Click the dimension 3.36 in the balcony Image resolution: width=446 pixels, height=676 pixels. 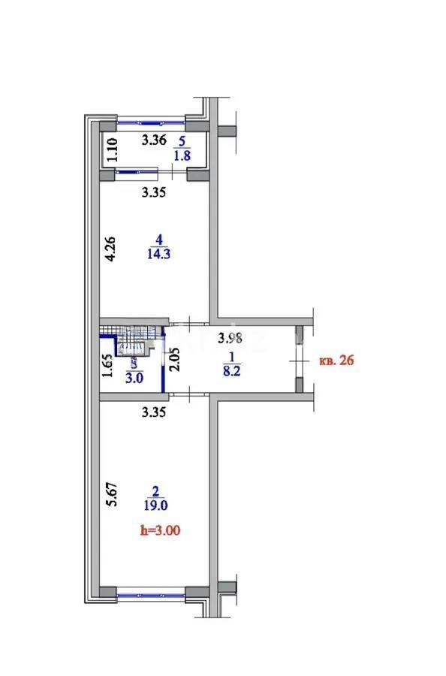coord(154,138)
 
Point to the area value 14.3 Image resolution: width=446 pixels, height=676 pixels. coord(158,254)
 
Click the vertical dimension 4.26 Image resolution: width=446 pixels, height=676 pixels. coord(110,249)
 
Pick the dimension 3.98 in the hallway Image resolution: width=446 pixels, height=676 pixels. coord(231,339)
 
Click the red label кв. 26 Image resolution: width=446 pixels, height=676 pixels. coord(336,361)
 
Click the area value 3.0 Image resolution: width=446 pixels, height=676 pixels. coord(134,379)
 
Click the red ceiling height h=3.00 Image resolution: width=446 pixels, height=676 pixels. coord(161,530)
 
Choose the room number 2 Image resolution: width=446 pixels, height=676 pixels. coord(155,492)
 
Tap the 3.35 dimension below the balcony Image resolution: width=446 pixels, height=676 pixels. coord(153,192)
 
